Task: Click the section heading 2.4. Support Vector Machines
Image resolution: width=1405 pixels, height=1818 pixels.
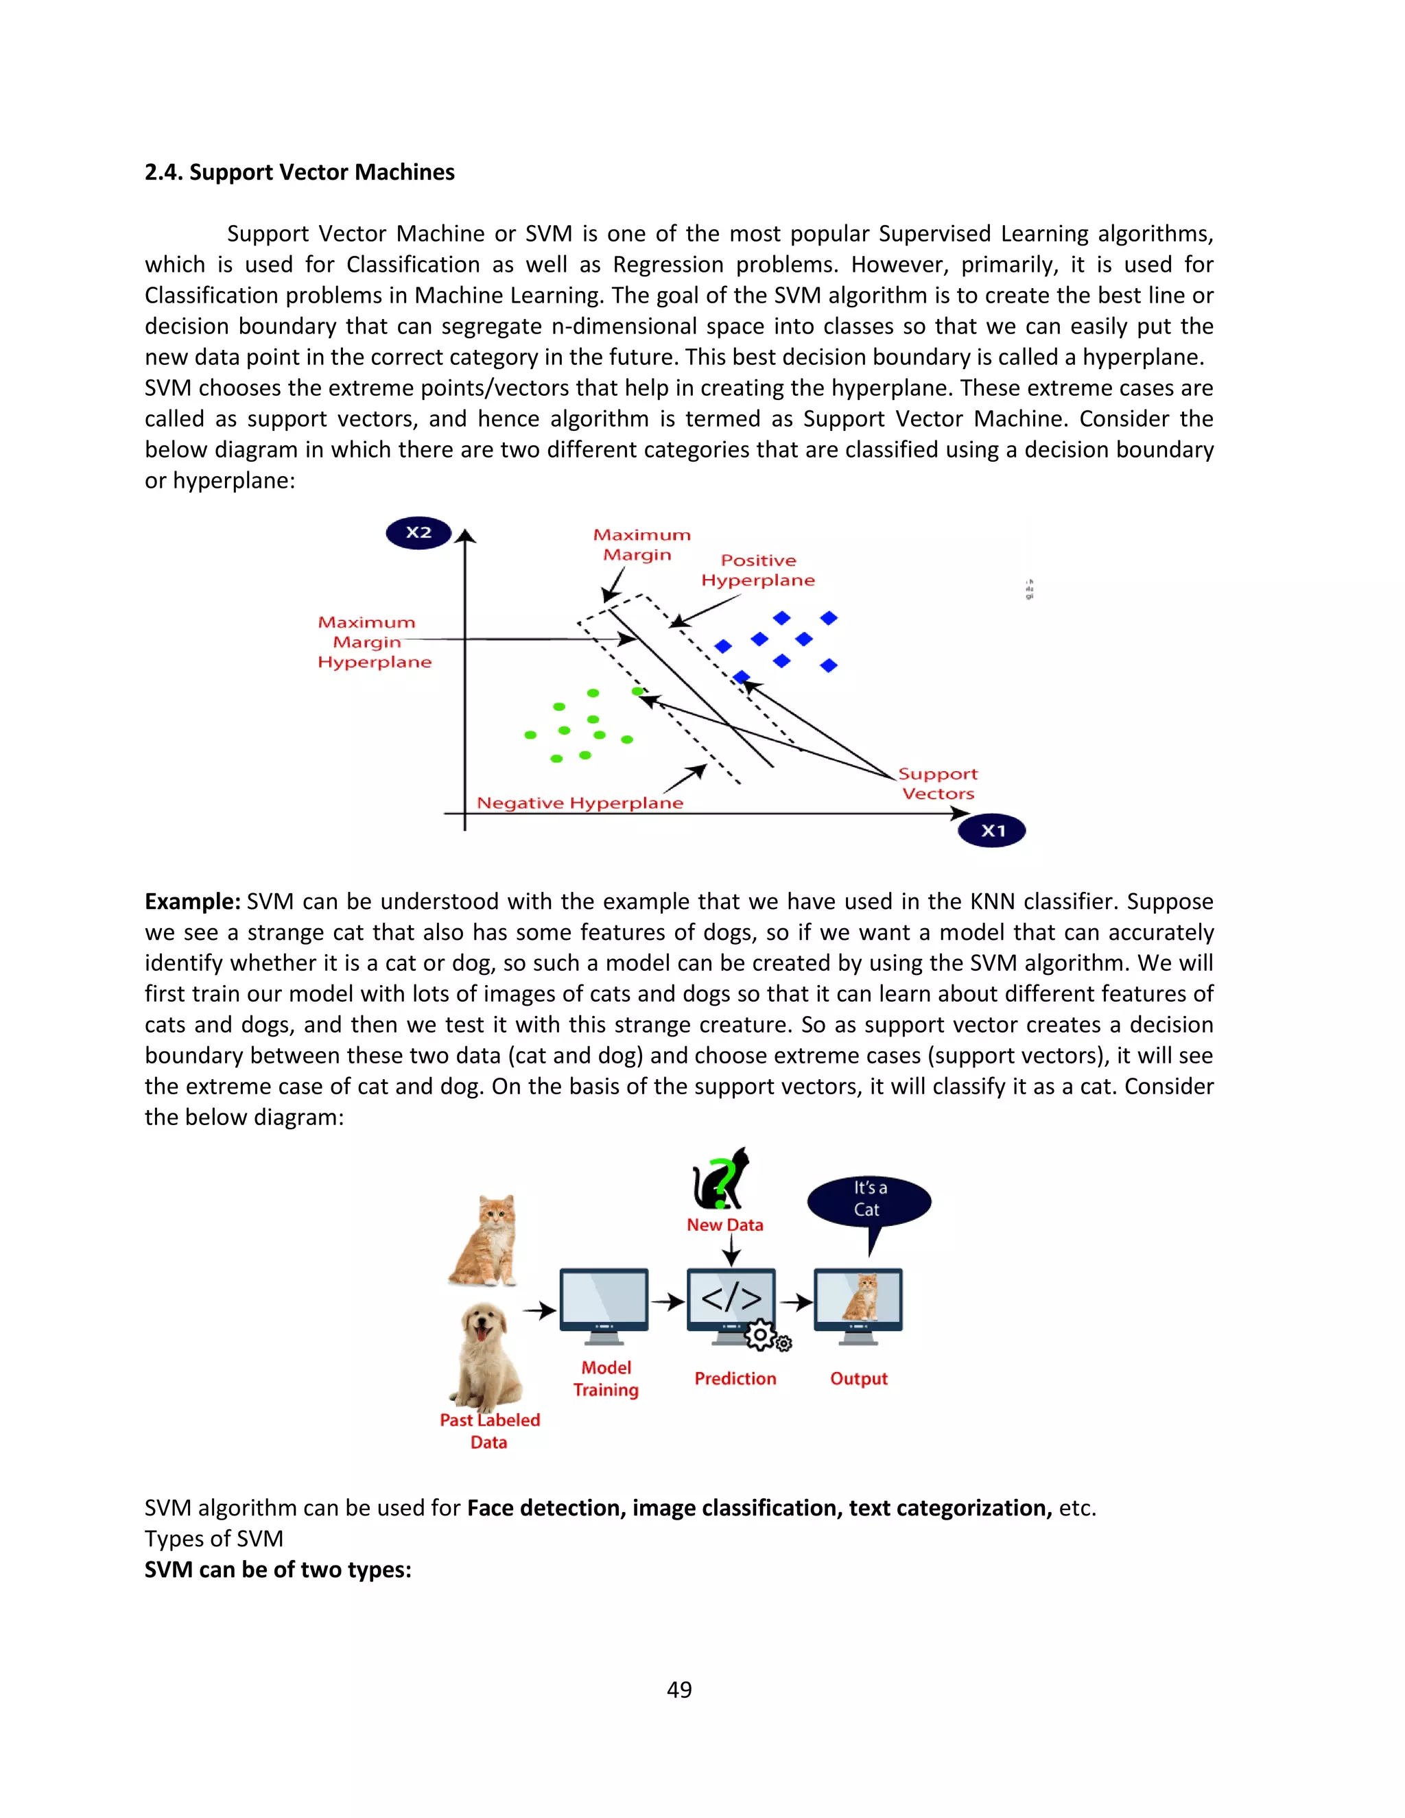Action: coord(300,172)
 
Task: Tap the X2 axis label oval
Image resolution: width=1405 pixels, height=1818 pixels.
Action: coord(418,533)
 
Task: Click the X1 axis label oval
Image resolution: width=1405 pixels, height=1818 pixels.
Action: coord(992,830)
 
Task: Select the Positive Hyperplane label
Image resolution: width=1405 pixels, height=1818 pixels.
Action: coord(757,570)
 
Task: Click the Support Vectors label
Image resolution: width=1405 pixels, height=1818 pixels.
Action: coord(938,783)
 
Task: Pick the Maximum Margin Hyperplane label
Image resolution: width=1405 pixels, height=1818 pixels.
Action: coord(374,642)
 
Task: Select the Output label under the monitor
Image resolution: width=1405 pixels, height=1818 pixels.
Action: coord(858,1378)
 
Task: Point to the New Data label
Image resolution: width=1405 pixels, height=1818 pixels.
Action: coord(724,1225)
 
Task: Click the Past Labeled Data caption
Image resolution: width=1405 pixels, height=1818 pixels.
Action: coord(489,1431)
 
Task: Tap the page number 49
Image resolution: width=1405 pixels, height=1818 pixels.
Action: coord(679,1689)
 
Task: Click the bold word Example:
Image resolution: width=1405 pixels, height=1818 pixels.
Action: coord(192,901)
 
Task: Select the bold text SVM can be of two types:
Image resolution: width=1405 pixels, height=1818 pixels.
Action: coord(278,1570)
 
